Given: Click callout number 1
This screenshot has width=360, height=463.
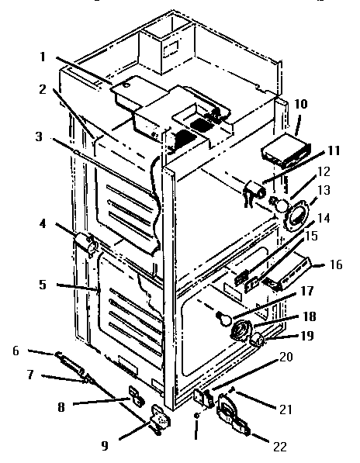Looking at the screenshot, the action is pyautogui.click(x=43, y=57).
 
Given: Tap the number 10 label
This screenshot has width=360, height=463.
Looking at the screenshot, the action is pyautogui.click(x=301, y=104).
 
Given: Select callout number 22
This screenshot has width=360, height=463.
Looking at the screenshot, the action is pyautogui.click(x=279, y=447).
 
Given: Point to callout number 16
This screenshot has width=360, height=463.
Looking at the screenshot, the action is pyautogui.click(x=336, y=264).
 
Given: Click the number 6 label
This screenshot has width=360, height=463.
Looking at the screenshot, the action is pyautogui.click(x=16, y=351).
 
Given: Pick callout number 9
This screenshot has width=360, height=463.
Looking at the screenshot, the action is pyautogui.click(x=105, y=446).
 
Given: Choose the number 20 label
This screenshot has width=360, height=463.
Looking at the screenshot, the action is pyautogui.click(x=286, y=357).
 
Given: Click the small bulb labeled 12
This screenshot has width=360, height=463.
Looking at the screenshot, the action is pyautogui.click(x=279, y=205).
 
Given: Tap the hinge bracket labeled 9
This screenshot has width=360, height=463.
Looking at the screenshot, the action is pyautogui.click(x=161, y=420).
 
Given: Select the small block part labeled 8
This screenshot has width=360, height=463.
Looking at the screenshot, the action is pyautogui.click(x=136, y=396).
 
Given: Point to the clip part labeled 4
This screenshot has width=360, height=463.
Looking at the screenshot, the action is pyautogui.click(x=85, y=241).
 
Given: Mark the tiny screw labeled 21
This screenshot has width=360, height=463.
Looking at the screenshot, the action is pyautogui.click(x=231, y=391).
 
